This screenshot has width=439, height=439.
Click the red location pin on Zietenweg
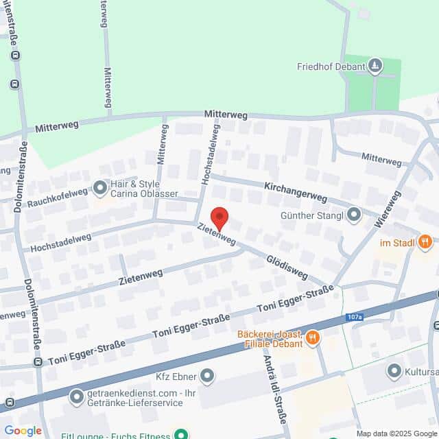pos(219,217)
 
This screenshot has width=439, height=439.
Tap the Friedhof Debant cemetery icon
pos(375,66)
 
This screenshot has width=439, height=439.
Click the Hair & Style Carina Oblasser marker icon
pos(101,186)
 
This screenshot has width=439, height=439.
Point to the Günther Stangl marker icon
pos(354,215)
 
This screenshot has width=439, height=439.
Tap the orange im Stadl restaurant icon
pos(425,241)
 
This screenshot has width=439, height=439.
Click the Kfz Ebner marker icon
pos(208,376)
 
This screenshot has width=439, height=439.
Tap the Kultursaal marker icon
pos(394,371)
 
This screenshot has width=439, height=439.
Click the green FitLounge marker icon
pos(181,434)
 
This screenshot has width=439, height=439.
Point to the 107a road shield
pos(354,318)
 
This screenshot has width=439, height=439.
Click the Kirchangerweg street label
pos(296,191)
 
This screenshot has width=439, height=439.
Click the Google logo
pos(23,431)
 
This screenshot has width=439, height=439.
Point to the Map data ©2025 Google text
pos(396,434)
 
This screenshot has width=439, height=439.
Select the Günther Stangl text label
pos(311,216)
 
